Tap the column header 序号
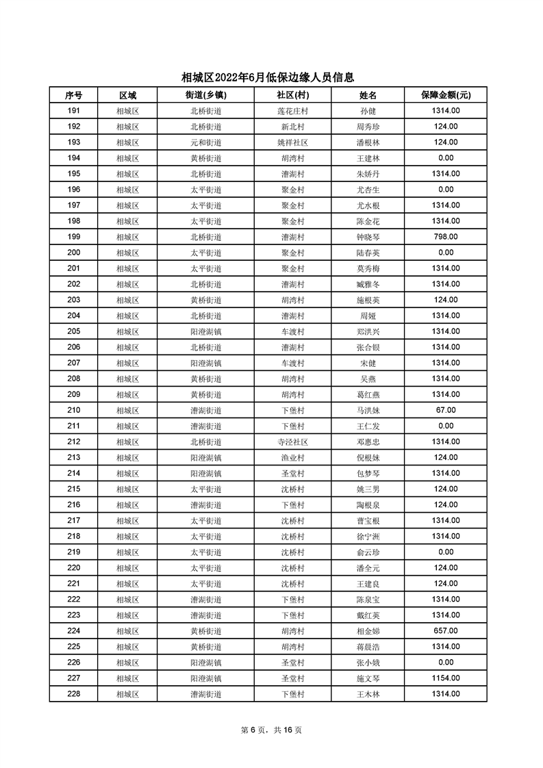[73, 95]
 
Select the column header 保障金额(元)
[445, 95]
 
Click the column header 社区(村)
[292, 95]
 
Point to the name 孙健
[368, 111]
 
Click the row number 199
[73, 237]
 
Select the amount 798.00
[445, 237]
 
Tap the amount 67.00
[445, 410]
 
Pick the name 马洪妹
[368, 410]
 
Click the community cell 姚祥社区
[292, 142]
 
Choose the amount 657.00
[445, 630]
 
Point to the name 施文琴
[368, 678]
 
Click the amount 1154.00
[445, 678]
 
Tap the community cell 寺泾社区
[292, 441]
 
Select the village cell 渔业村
[292, 457]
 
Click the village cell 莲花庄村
[292, 111]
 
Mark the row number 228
[73, 693]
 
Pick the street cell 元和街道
[205, 142]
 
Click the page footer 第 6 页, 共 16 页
[271, 730]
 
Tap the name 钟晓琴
[368, 237]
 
